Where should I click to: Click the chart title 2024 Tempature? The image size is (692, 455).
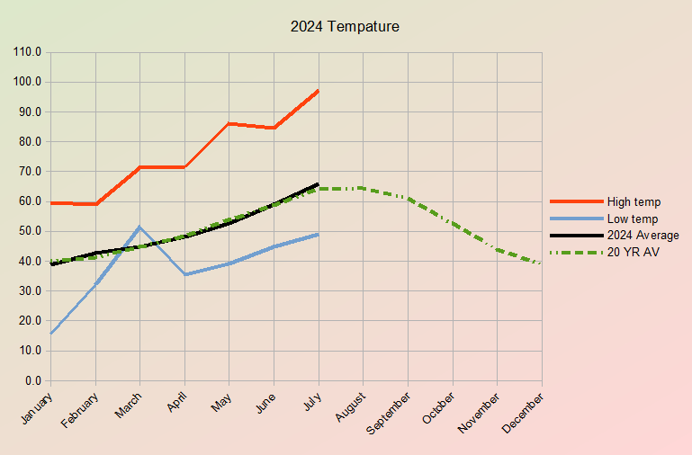345,27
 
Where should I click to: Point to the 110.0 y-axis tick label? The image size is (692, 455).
28,52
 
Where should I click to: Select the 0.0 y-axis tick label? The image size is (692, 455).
33,381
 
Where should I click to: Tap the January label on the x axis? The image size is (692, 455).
36,406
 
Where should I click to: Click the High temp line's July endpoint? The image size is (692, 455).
319,91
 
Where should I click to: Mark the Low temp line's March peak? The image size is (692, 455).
139,227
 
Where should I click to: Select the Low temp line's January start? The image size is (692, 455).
51,334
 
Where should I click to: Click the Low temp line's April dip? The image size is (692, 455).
184,274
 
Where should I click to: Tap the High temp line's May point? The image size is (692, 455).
229,123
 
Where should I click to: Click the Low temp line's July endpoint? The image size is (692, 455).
319,235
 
